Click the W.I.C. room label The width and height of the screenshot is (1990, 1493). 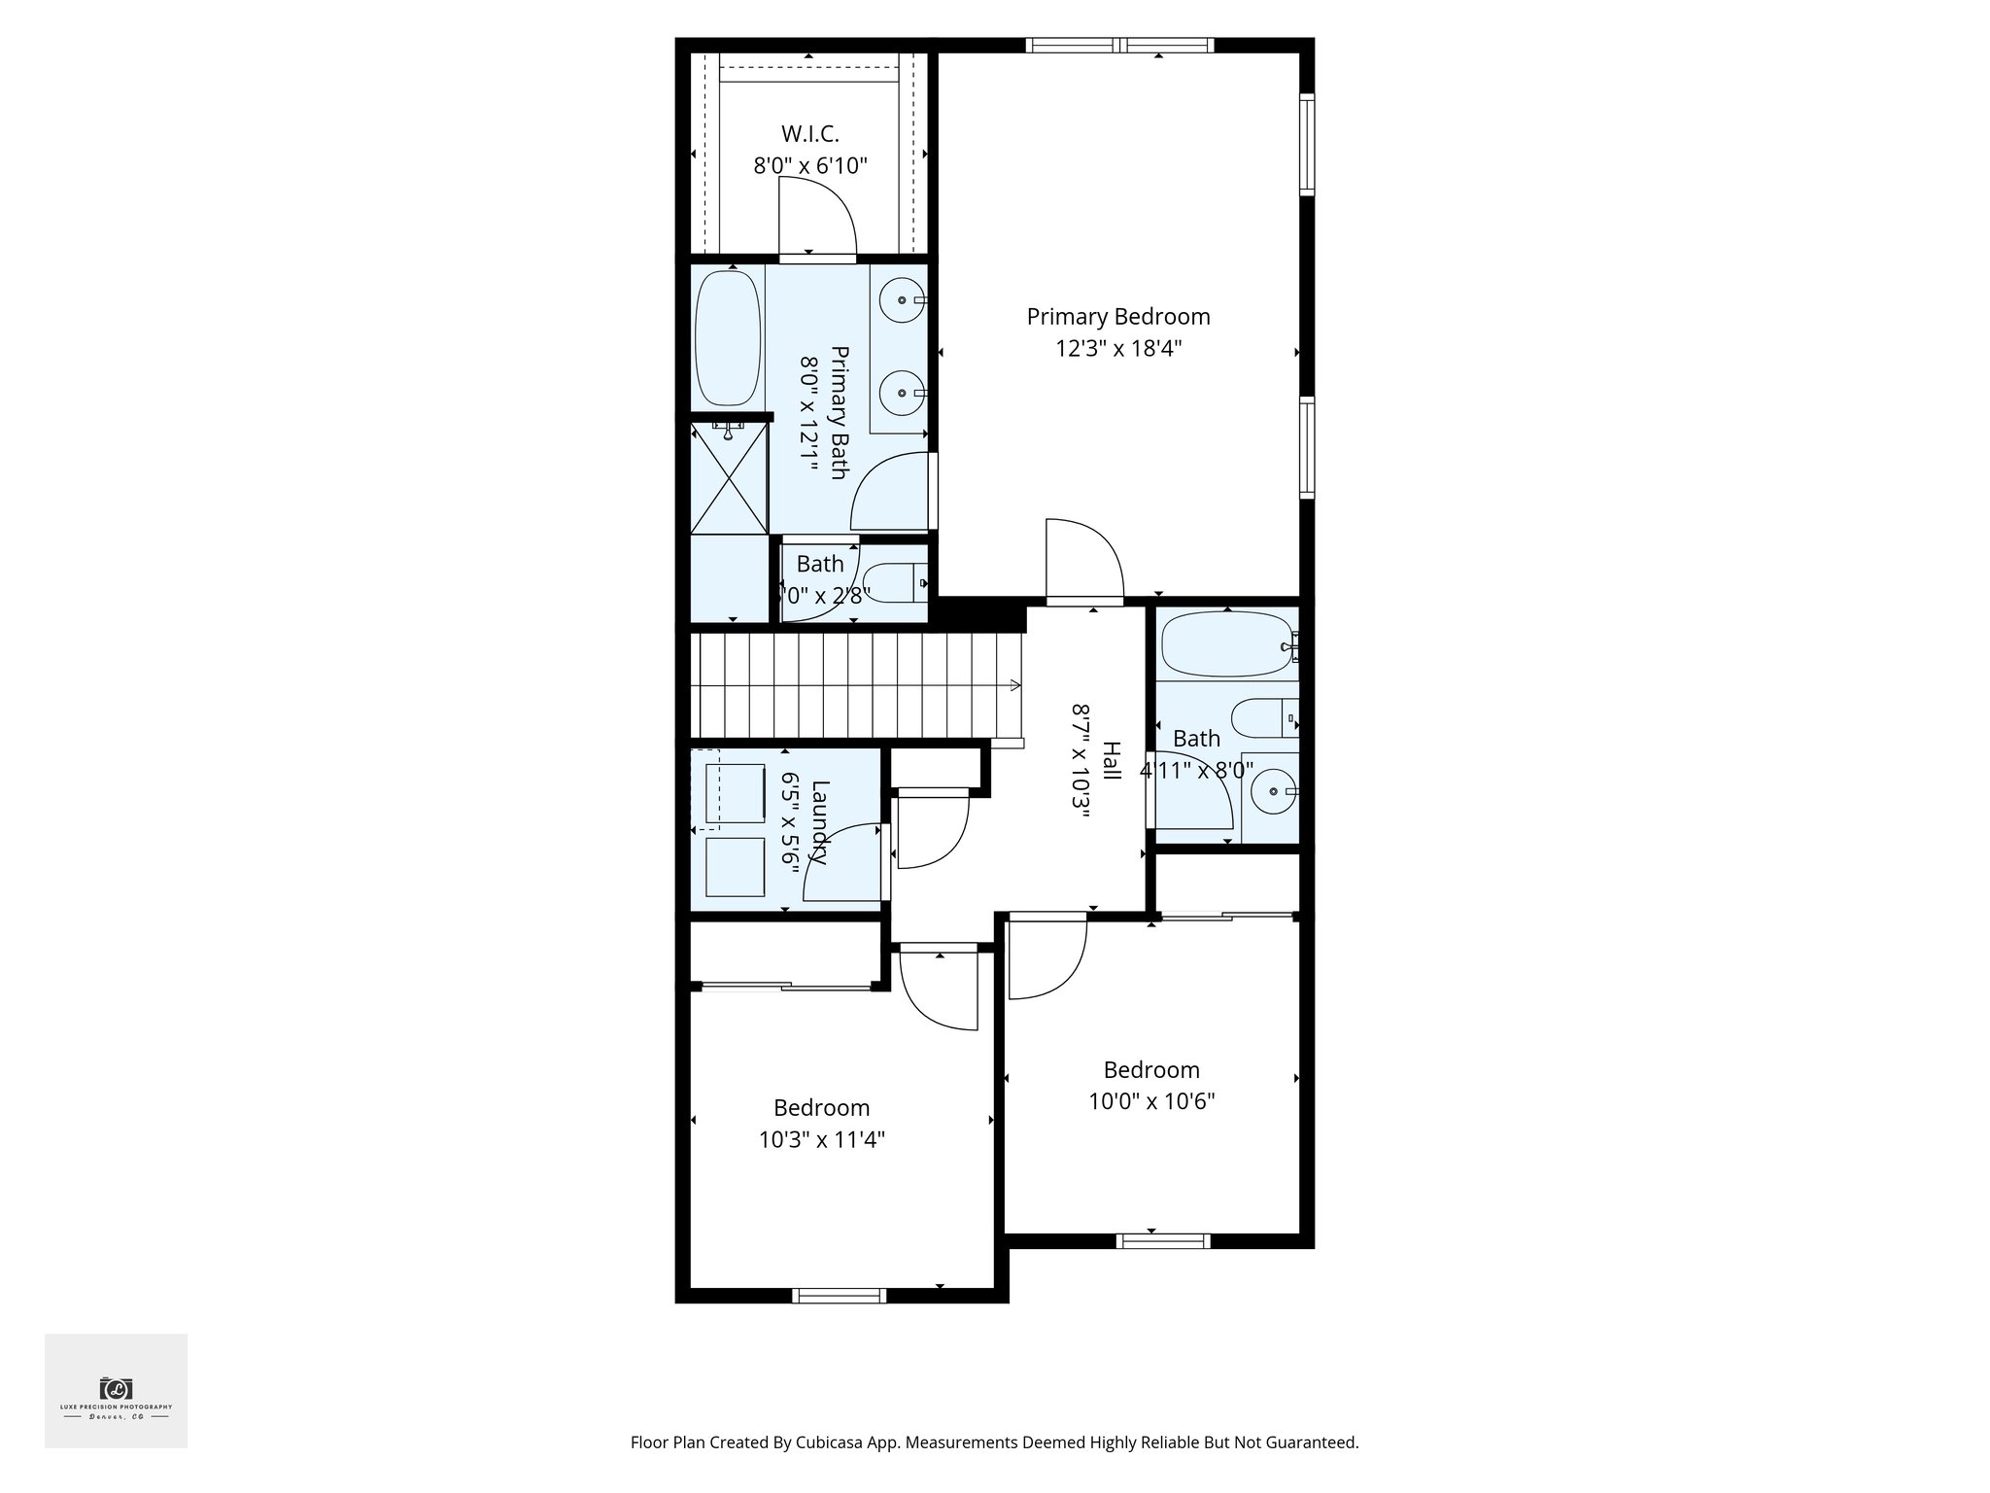pyautogui.click(x=809, y=134)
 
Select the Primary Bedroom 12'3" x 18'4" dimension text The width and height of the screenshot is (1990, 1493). pyautogui.click(x=1118, y=348)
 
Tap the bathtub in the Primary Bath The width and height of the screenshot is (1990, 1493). pyautogui.click(x=729, y=337)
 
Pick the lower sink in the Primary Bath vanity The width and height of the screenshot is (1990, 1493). pyautogui.click(x=903, y=394)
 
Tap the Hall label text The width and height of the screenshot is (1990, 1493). pyautogui.click(x=1111, y=760)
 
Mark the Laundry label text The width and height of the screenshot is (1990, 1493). pyautogui.click(x=820, y=822)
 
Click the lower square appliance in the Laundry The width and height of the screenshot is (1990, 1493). pyautogui.click(x=735, y=867)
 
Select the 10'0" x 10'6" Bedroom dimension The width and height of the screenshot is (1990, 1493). pyautogui.click(x=1151, y=1101)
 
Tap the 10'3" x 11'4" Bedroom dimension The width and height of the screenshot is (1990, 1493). pyautogui.click(x=821, y=1139)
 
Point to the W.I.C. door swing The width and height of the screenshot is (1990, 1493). pyautogui.click(x=816, y=219)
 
